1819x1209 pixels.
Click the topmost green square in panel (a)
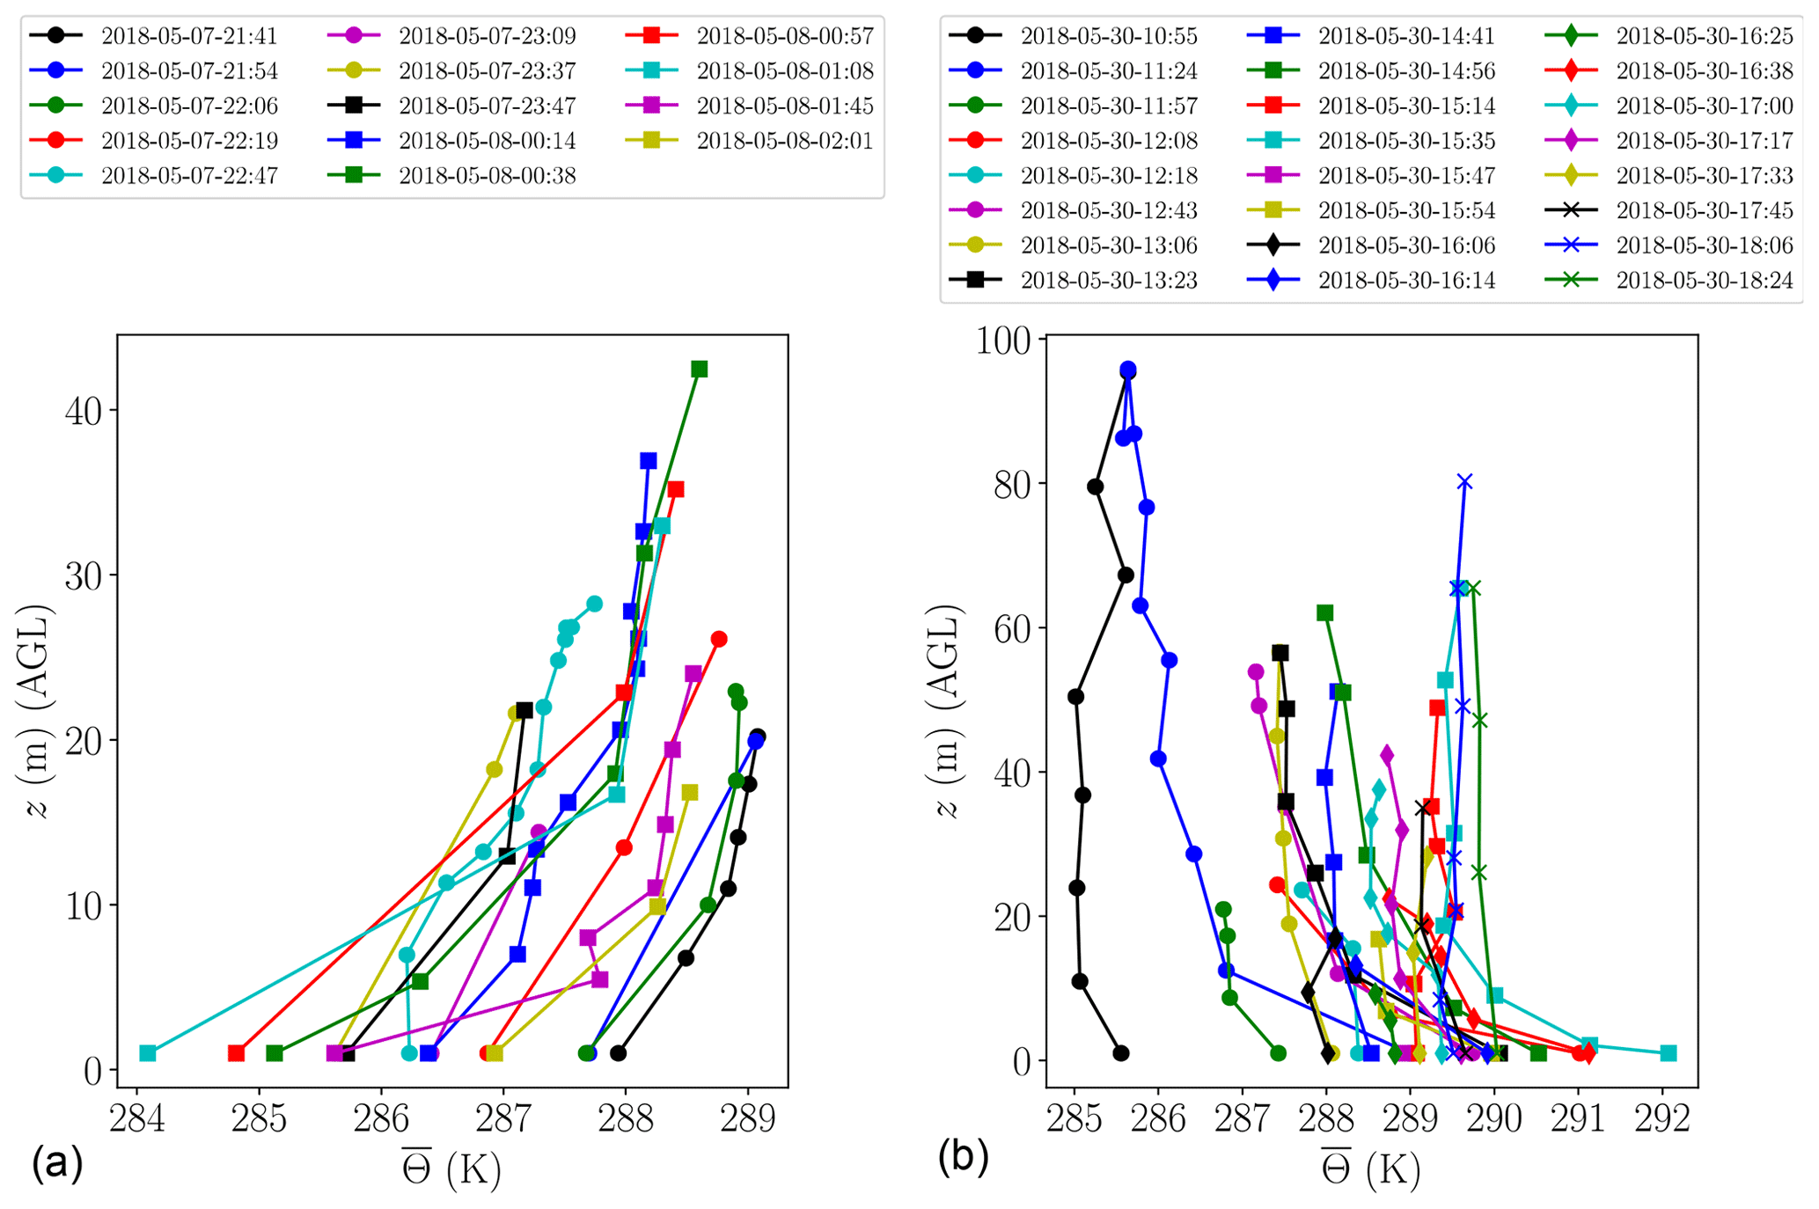coord(699,369)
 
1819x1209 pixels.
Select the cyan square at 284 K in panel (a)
coord(148,1053)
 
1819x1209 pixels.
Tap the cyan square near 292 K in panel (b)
coord(1668,1053)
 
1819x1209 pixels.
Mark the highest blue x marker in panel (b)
coord(1463,481)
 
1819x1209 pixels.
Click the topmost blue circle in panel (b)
coord(1127,370)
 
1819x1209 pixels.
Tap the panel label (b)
coord(963,1158)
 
